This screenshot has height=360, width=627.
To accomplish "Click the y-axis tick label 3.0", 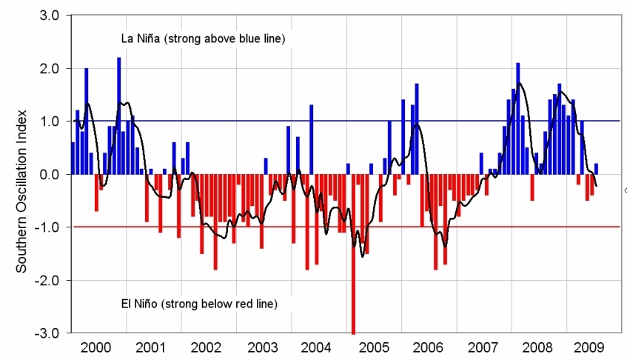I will coord(50,16).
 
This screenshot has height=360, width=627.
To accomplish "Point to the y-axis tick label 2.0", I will coord(50,68).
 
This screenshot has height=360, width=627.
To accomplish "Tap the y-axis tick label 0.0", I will coord(50,174).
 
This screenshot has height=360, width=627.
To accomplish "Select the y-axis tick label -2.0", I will coord(48,280).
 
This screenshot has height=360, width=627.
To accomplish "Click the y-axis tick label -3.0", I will coord(48,333).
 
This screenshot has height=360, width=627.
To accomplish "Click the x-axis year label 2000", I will coord(96,347).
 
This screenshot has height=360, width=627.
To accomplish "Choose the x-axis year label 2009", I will coord(592,347).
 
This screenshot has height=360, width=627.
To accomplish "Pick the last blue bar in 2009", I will coord(596,169).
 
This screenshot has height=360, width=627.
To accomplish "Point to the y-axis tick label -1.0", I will coord(48,227).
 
